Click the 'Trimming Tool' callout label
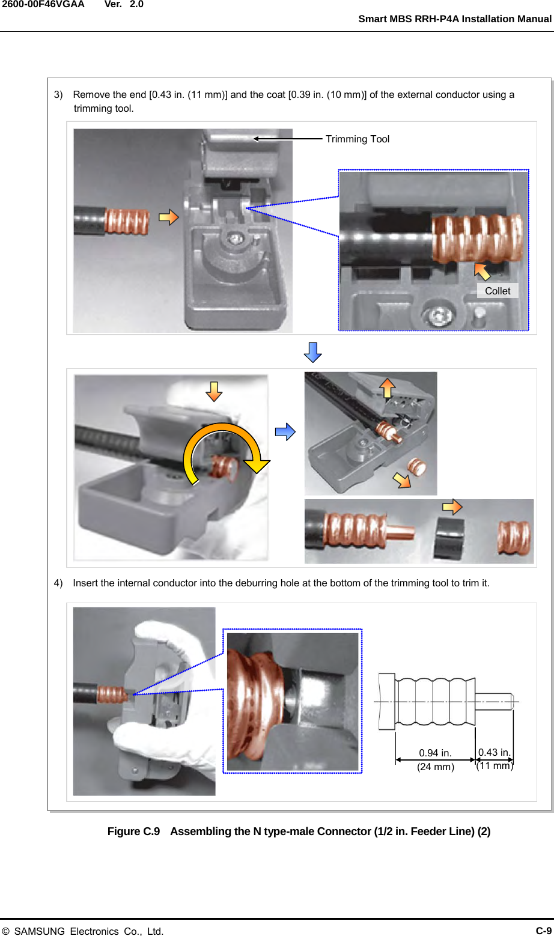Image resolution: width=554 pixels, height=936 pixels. coord(357,139)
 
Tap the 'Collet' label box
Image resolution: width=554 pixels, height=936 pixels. coord(497,291)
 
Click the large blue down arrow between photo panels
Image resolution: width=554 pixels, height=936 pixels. coord(312,353)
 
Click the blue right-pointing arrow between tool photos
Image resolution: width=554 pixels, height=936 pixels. coord(285,432)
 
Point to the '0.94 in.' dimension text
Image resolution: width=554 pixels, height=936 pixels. coord(435,753)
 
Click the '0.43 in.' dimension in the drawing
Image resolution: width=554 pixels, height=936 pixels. coord(494,752)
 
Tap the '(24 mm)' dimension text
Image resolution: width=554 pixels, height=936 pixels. coord(435,767)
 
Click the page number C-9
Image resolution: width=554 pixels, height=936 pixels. coord(543,931)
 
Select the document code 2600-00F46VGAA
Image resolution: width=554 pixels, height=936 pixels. coord(43,4)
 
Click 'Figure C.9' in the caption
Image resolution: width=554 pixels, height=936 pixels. coord(133,831)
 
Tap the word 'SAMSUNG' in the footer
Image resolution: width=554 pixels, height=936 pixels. coord(39,931)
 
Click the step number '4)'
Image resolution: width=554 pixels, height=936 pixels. coord(58,583)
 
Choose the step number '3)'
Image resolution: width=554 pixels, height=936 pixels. coord(58,94)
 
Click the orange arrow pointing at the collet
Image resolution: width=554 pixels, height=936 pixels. coord(482,271)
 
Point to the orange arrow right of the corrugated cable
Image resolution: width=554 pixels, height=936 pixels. coord(169,217)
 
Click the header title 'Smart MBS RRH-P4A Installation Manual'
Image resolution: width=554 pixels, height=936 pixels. coord(454,19)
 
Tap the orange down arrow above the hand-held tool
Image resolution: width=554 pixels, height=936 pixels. coord(214,391)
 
